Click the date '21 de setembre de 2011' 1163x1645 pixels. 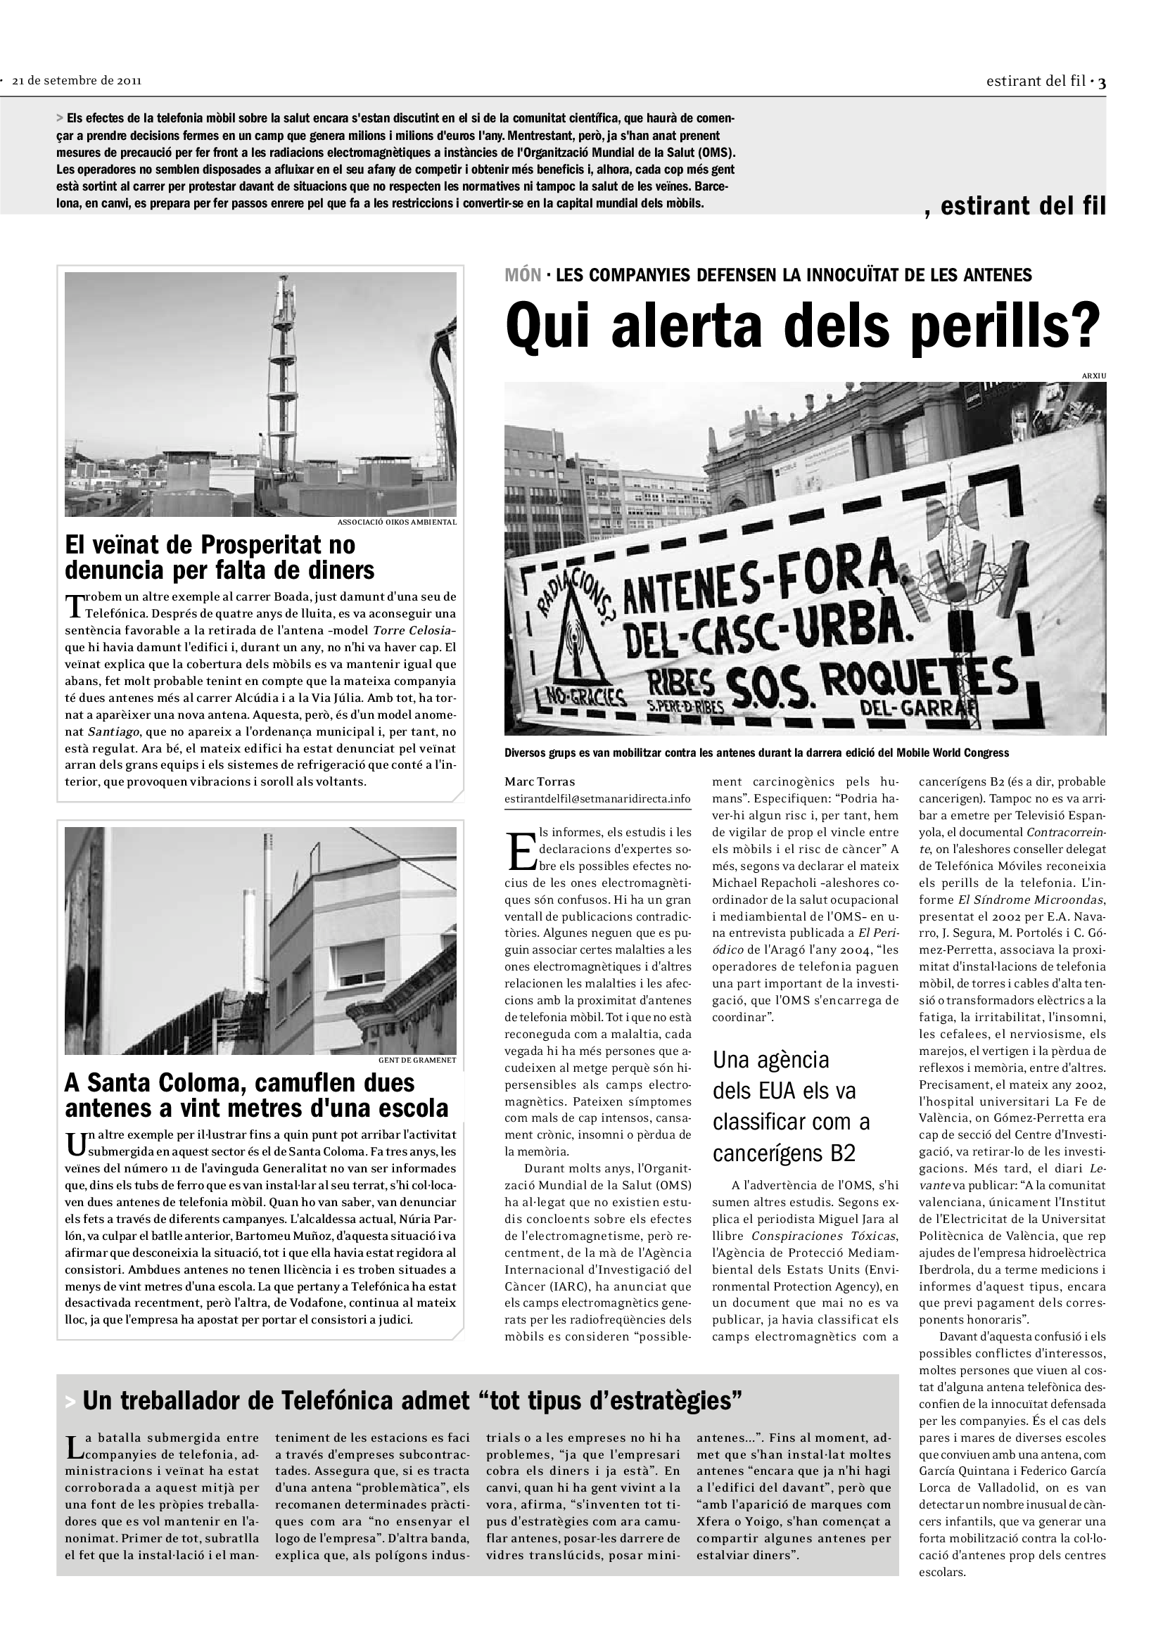tap(77, 80)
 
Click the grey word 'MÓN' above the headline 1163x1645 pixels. tap(522, 274)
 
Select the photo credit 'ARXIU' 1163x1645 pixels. tap(1093, 376)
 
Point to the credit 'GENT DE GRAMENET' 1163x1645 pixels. tap(417, 1060)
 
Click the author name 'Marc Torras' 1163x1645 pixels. tap(539, 781)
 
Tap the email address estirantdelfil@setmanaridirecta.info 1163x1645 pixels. tap(597, 798)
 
